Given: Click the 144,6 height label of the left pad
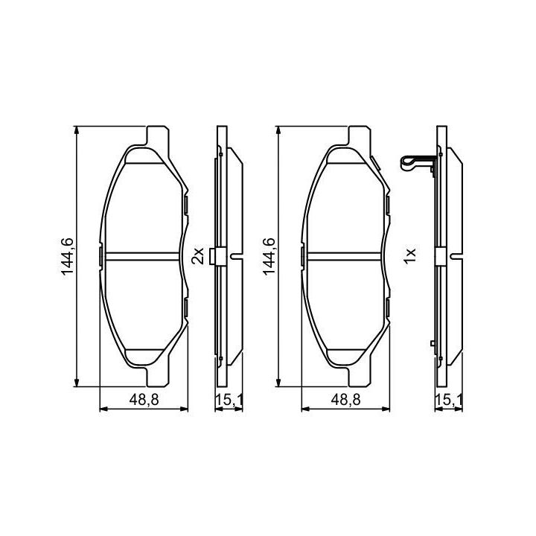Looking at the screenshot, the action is (x=67, y=256).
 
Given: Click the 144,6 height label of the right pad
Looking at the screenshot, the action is (x=269, y=256).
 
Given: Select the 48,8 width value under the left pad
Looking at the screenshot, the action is (x=144, y=400).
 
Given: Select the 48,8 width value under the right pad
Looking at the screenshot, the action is (x=345, y=400).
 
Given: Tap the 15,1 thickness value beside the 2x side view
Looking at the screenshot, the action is (x=229, y=400).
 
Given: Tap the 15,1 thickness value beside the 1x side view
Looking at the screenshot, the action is (x=448, y=400).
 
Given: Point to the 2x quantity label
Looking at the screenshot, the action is (x=197, y=255).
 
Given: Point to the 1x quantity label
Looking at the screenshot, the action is (x=409, y=255).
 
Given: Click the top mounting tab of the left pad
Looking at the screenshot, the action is (x=158, y=136).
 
